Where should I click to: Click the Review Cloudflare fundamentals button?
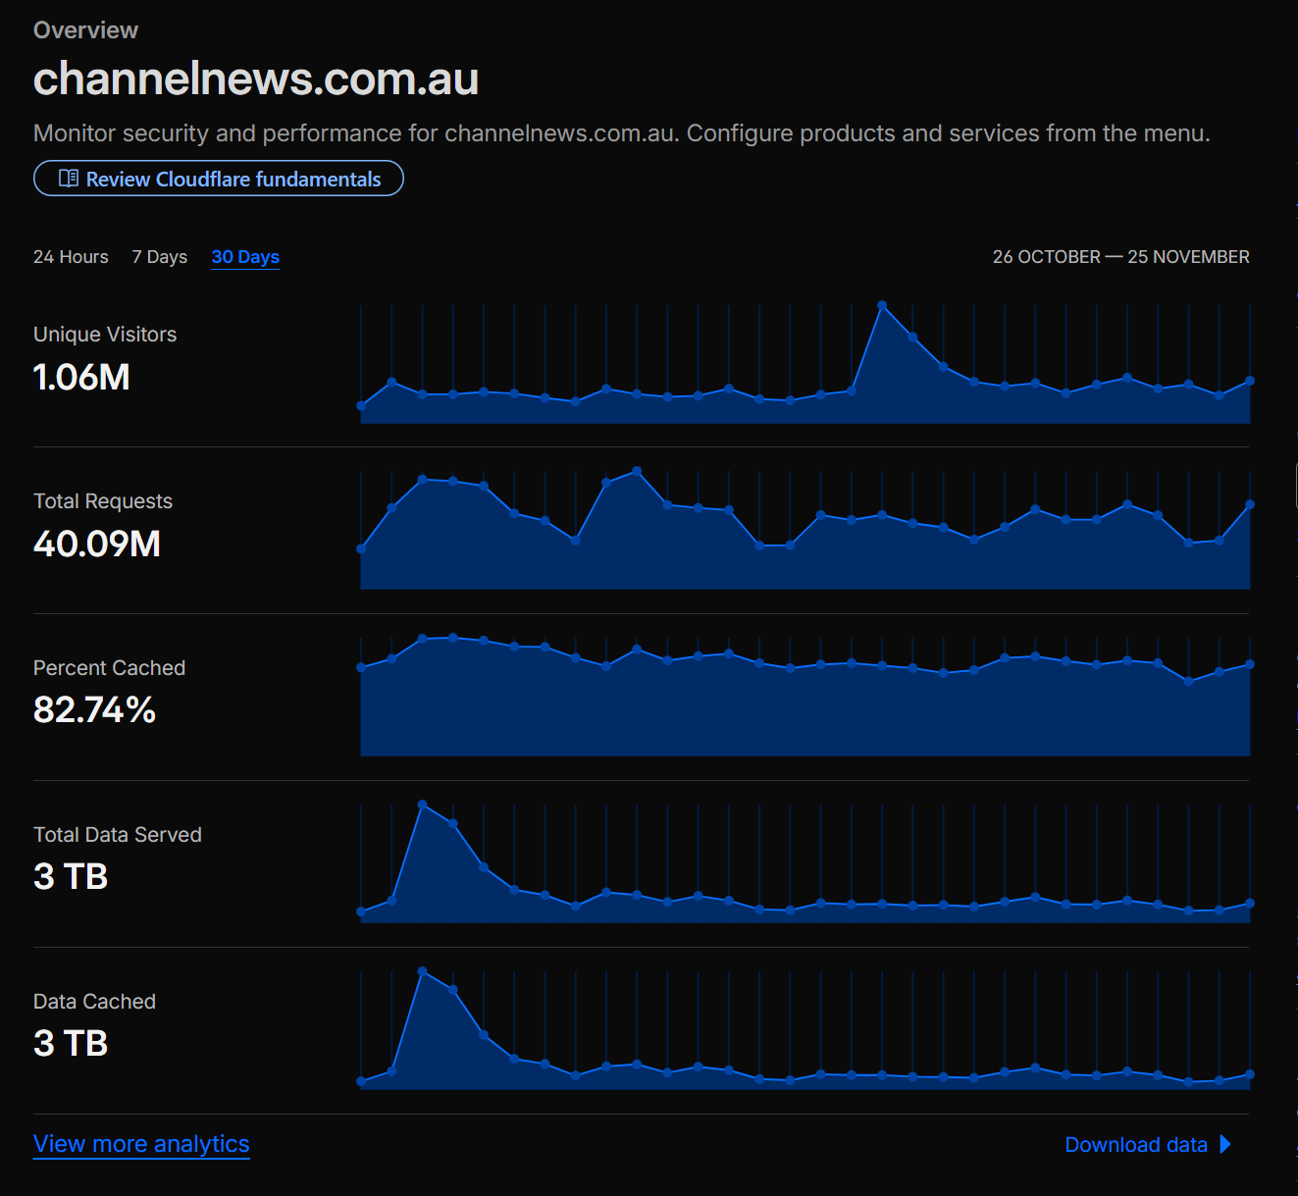[218, 178]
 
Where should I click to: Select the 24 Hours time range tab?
[71, 257]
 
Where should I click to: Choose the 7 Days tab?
[159, 257]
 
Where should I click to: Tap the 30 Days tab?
[245, 257]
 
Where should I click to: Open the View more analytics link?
[141, 1144]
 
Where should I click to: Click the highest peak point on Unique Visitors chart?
[882, 305]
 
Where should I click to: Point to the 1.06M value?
[81, 377]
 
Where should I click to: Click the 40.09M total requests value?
[96, 544]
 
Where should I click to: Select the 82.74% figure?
[94, 710]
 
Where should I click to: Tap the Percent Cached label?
[109, 668]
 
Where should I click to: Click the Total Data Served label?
[117, 835]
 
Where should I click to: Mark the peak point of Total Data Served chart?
[423, 805]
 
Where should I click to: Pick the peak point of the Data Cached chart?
[423, 971]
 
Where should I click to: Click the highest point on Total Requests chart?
[637, 471]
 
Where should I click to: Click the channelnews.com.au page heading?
[256, 78]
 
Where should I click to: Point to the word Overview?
[85, 30]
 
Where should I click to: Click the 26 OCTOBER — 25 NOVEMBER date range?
[1120, 257]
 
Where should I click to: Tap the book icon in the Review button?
[69, 178]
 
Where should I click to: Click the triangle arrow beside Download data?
[1224, 1144]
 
